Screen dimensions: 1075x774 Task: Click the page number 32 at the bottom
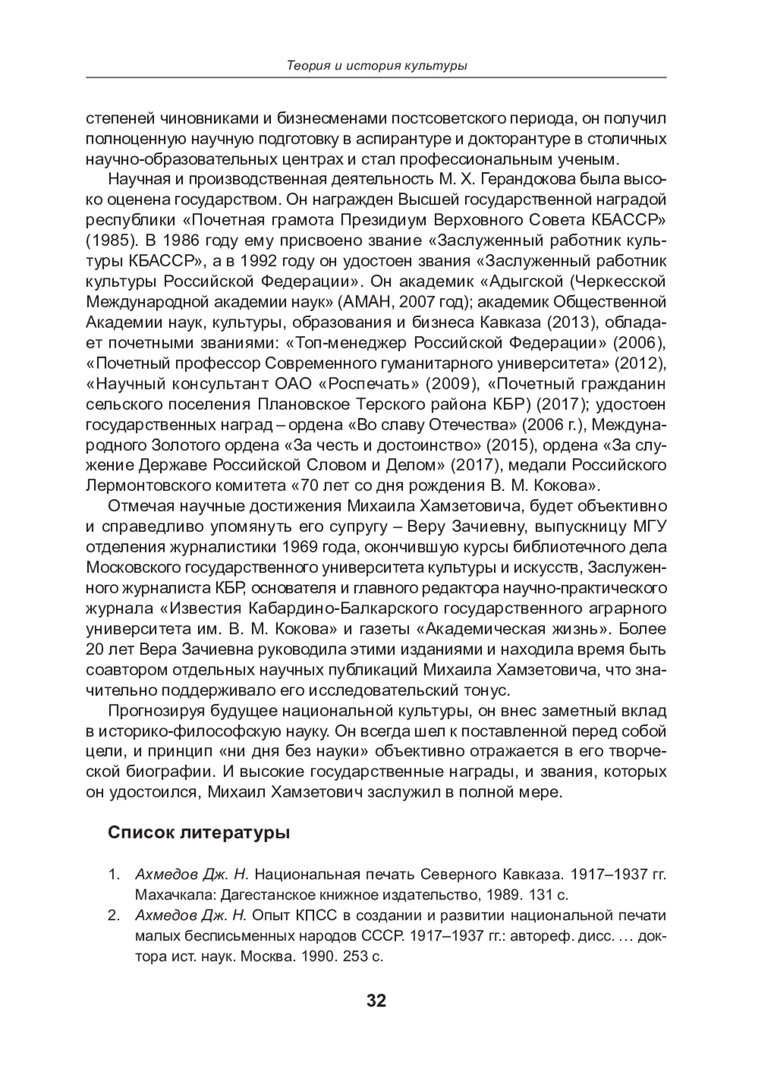[x=375, y=1001]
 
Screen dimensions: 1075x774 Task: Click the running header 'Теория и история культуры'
[x=376, y=66]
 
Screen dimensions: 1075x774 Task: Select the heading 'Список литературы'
[x=199, y=833]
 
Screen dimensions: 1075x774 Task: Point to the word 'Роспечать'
[x=369, y=384]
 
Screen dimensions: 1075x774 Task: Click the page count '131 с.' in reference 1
[x=548, y=895]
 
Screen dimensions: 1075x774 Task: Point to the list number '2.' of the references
[x=114, y=915]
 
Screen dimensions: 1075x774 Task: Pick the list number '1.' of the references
[x=114, y=874]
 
